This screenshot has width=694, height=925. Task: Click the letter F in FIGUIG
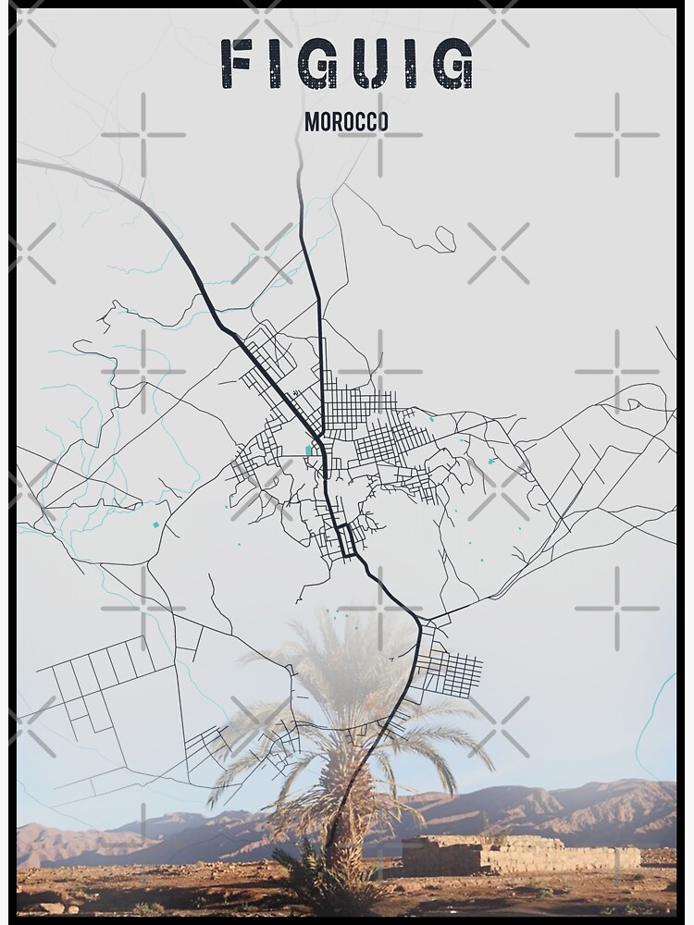(x=239, y=65)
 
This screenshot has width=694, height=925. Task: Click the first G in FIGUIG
(x=312, y=65)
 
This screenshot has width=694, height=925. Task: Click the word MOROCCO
(x=346, y=122)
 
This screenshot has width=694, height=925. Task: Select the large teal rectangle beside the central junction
(x=308, y=450)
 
